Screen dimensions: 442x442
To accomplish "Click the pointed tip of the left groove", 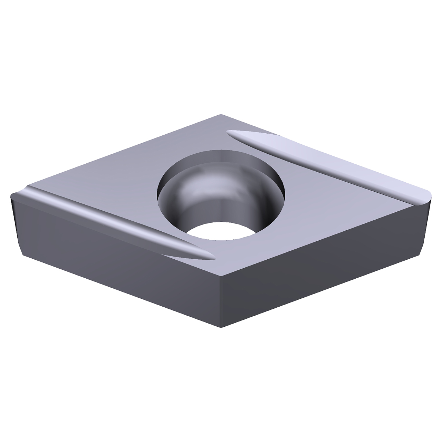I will (211, 256).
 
